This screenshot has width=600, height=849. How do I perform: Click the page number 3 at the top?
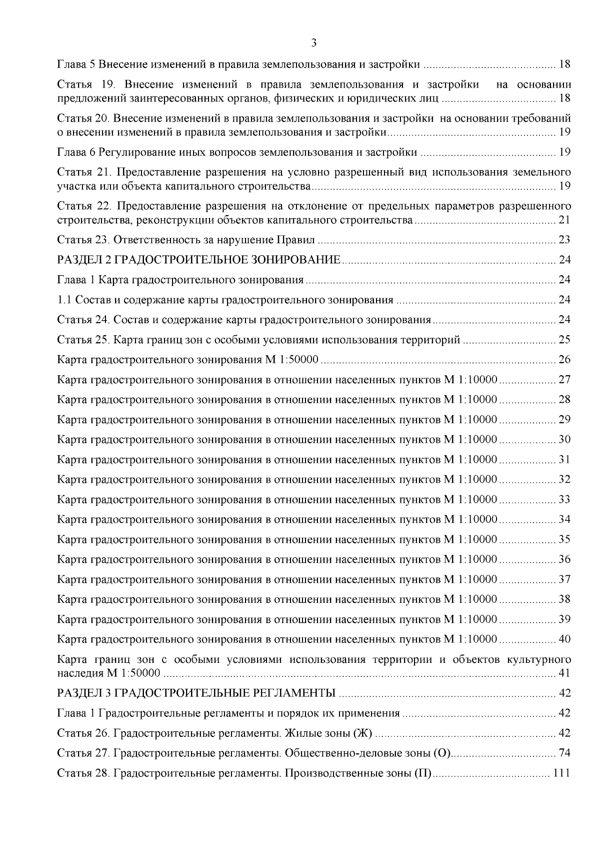click(313, 44)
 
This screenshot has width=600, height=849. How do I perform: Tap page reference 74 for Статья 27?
click(564, 753)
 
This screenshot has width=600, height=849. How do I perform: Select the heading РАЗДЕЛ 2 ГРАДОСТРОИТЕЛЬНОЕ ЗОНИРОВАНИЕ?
click(199, 260)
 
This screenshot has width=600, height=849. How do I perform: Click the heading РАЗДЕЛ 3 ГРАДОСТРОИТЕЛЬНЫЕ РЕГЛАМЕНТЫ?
click(196, 693)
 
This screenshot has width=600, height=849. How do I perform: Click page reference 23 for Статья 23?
click(564, 240)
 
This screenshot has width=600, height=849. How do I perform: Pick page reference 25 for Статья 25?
click(564, 340)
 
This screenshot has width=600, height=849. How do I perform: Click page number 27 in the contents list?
click(564, 380)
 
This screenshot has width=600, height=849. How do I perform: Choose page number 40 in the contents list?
click(564, 639)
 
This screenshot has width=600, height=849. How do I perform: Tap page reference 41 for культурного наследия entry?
click(564, 673)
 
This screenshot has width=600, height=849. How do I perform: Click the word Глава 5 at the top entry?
click(76, 65)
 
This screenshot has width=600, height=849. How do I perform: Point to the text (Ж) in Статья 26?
click(362, 733)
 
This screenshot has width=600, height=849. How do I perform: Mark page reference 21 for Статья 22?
click(564, 220)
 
